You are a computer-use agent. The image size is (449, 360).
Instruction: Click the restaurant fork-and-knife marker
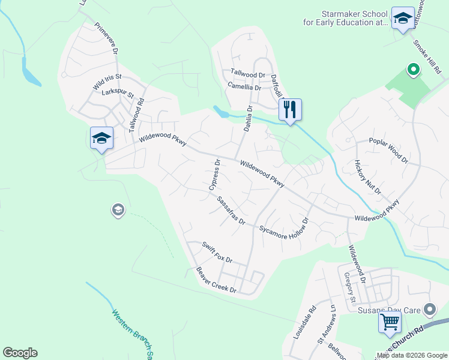point(290,110)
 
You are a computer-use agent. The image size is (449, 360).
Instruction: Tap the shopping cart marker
point(390,322)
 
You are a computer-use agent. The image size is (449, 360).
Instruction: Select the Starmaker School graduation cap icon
point(402,17)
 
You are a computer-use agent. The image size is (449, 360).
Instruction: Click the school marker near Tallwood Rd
point(101,138)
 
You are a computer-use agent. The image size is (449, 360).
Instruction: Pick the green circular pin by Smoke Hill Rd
point(413,70)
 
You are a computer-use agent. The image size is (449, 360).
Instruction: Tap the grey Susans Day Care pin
point(429,310)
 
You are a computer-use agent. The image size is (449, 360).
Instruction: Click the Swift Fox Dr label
point(217,252)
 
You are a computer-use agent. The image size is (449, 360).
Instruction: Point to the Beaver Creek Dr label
point(217,280)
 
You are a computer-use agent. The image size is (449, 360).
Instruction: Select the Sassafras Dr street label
point(232,210)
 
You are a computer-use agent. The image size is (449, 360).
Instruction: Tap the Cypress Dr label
point(215,175)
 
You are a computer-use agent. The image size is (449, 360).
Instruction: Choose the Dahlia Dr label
point(246,119)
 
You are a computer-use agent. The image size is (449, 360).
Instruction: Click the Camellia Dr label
point(244,87)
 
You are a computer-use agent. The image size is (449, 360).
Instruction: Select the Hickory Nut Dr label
point(367,177)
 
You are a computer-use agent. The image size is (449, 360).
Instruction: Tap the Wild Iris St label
point(107,82)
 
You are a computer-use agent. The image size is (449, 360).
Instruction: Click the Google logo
point(20,352)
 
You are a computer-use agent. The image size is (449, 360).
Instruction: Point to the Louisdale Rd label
point(304,324)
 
